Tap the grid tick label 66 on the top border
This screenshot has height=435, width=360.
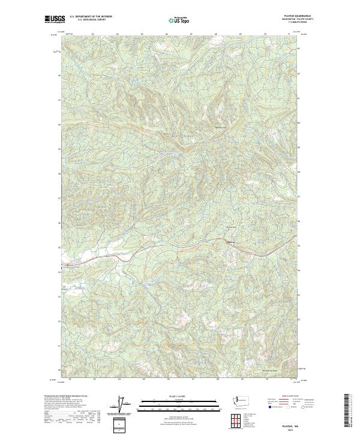166,34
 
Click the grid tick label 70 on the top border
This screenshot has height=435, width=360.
265,34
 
